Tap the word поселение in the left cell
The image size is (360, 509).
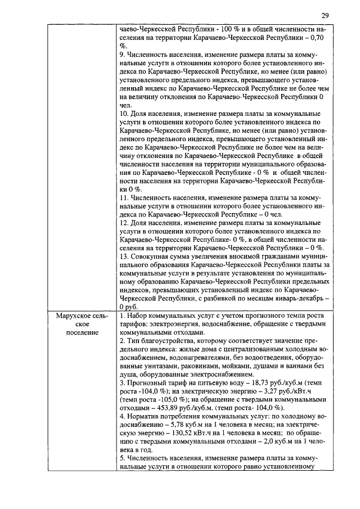tap(82, 332)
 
